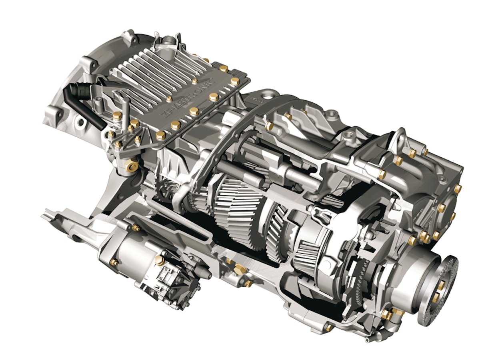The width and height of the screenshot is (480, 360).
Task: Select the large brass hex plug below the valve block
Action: [x=131, y=164]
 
